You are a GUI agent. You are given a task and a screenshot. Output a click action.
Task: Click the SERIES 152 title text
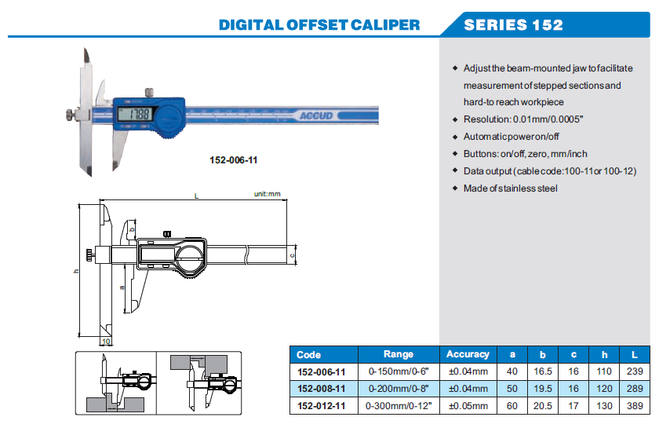(x=513, y=25)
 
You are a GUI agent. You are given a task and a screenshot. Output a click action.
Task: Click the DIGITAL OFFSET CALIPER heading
(x=319, y=25)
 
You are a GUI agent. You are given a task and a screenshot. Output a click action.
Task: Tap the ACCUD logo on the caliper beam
(x=315, y=115)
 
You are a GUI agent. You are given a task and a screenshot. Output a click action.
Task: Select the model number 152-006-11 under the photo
(x=233, y=160)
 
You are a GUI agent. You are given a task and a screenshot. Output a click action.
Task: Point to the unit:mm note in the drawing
(x=267, y=194)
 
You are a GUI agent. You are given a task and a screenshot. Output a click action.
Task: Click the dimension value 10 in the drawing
(x=106, y=342)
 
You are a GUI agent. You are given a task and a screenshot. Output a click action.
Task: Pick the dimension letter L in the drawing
(x=196, y=196)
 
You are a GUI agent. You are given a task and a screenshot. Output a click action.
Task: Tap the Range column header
(x=399, y=354)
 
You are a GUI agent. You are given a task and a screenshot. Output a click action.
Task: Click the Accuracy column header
(x=468, y=354)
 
